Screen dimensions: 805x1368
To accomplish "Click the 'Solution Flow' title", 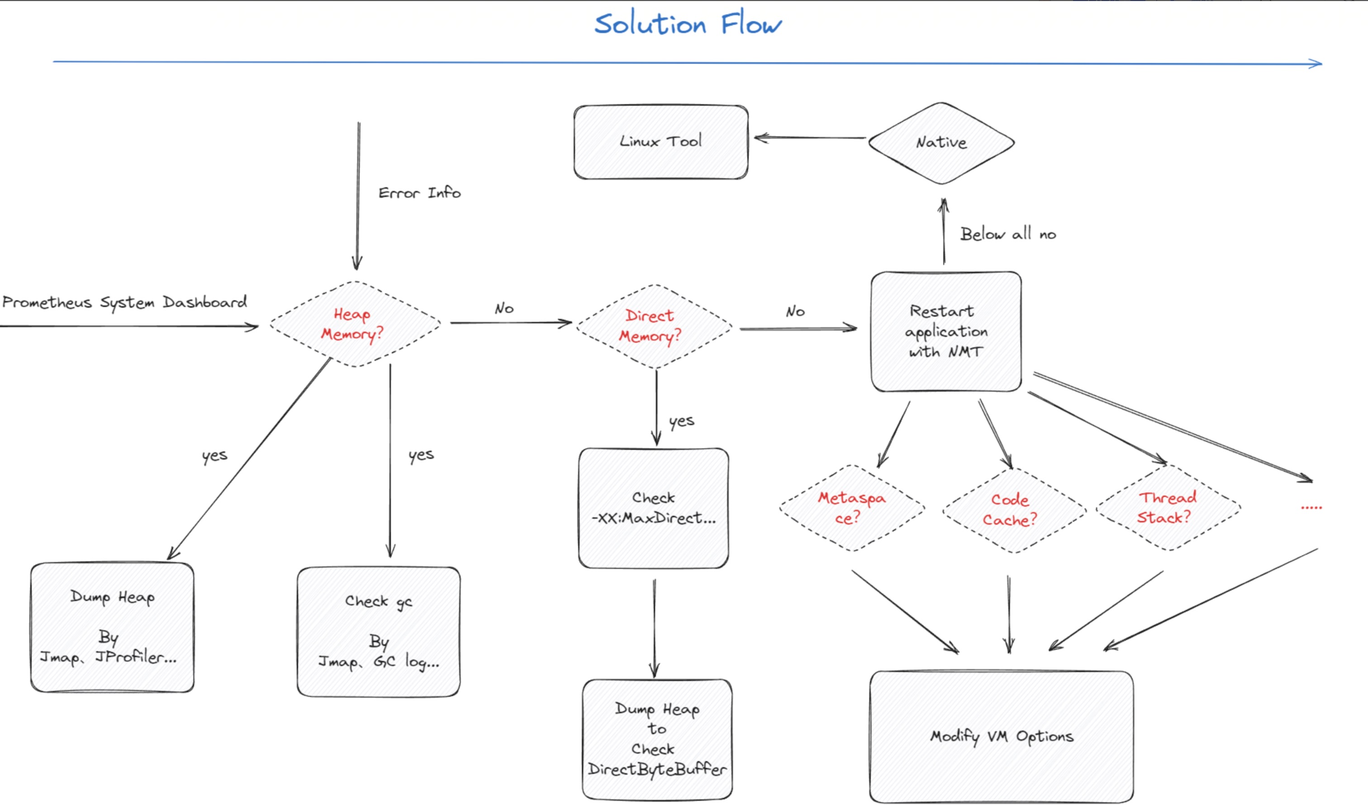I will [688, 24].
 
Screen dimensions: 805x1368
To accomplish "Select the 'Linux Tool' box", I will [660, 142].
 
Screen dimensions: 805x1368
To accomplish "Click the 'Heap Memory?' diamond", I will [353, 324].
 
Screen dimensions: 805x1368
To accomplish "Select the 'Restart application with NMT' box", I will [945, 331].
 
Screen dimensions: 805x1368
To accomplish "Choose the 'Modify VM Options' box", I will [1001, 736].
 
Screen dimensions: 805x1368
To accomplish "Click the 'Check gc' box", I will [378, 631].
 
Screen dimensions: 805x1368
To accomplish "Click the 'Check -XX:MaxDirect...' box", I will [653, 508].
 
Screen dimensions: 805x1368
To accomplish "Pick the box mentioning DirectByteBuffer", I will [657, 739].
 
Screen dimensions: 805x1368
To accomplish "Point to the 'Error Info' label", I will [419, 193].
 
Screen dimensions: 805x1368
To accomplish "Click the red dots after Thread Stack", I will [1311, 507].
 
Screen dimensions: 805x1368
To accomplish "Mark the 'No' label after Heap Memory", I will [504, 309].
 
